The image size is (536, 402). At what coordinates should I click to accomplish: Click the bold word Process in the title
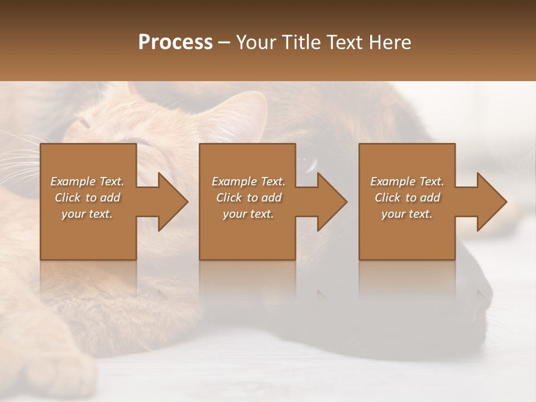[x=175, y=42]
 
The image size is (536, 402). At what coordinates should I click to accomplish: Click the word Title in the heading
[x=301, y=42]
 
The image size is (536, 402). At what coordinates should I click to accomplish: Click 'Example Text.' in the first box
[x=87, y=181]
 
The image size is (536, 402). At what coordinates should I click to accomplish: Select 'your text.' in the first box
[x=87, y=214]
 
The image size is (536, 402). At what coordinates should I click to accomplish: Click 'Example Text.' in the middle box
[x=248, y=181]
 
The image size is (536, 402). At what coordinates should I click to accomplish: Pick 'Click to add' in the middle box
[x=248, y=198]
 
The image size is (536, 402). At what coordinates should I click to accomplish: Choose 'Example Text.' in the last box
[x=407, y=181]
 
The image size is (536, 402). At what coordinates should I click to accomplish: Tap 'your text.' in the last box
[x=407, y=214]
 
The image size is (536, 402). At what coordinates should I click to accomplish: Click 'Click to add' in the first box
[x=87, y=198]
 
